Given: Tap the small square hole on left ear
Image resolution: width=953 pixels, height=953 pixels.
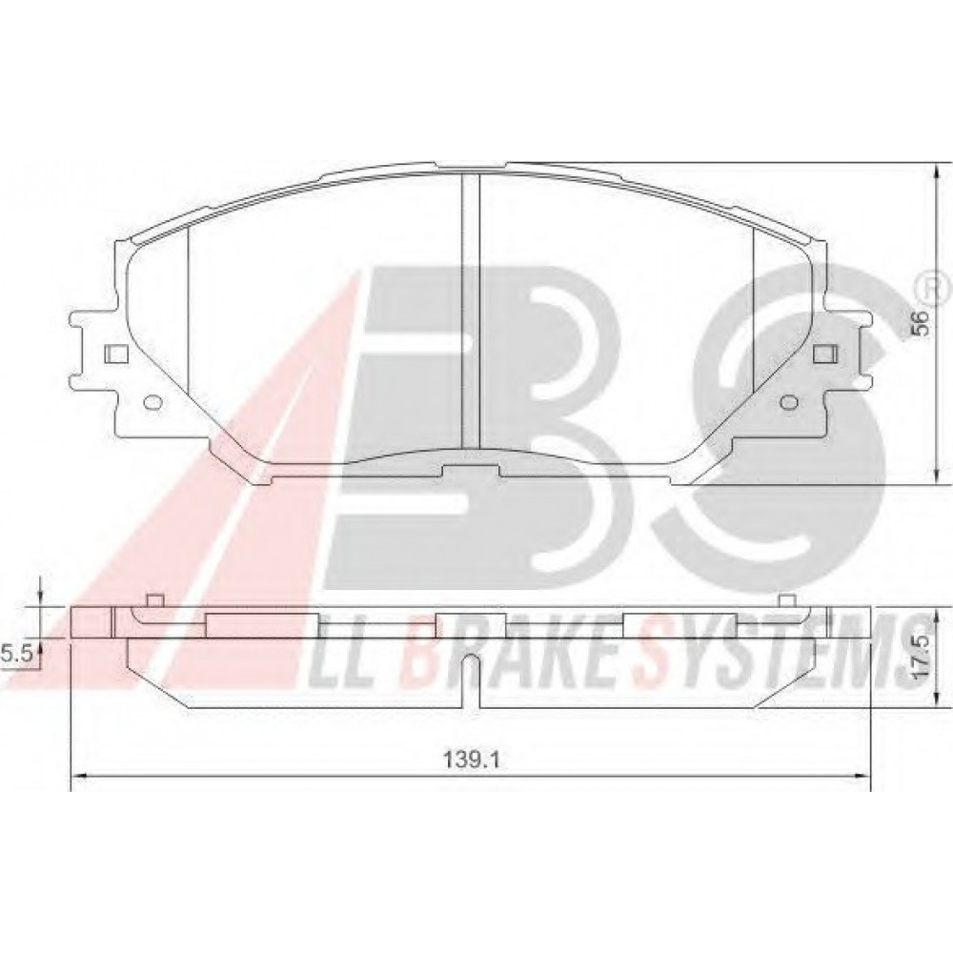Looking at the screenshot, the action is (x=115, y=354).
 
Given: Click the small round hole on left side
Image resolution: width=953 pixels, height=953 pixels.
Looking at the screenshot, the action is (x=152, y=402).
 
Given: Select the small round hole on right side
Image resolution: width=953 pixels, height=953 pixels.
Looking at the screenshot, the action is (x=789, y=402).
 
